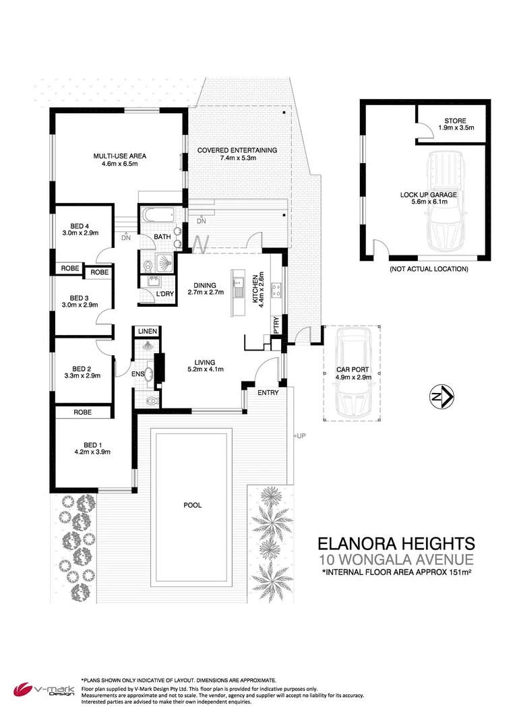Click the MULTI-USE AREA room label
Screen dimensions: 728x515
point(119,156)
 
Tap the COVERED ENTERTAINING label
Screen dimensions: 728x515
point(237,150)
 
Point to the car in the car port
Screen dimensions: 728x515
point(352,374)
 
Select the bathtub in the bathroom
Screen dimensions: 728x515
point(160,217)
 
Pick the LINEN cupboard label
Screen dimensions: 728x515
point(147,332)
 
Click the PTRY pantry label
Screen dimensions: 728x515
point(276,324)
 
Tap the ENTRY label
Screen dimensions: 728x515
point(266,392)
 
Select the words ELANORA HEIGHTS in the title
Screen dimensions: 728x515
point(396,543)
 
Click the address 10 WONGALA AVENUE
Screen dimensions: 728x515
point(396,559)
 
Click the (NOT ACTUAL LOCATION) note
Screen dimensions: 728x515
point(428,269)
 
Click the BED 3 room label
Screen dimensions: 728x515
point(80,297)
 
